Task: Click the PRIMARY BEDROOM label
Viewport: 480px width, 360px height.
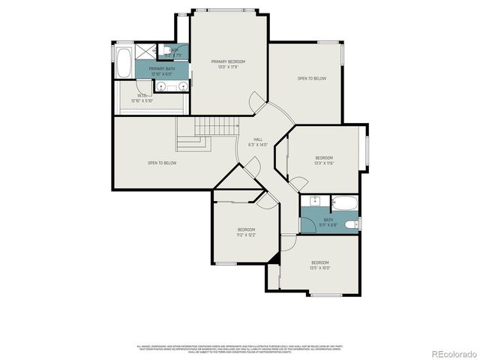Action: (228, 61)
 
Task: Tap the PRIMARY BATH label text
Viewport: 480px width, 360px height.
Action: (161, 68)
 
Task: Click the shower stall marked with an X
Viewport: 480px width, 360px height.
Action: (148, 52)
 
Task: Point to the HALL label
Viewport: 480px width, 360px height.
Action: (257, 139)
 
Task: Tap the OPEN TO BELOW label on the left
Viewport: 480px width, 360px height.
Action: (161, 163)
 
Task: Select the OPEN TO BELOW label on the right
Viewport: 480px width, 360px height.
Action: (311, 78)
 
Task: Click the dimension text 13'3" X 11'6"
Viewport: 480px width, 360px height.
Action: (324, 163)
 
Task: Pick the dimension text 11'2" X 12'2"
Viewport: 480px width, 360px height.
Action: (247, 235)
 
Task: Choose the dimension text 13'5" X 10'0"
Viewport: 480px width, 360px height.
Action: (320, 268)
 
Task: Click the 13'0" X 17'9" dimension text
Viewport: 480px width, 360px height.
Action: (228, 67)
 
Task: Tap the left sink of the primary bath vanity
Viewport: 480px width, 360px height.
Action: (160, 87)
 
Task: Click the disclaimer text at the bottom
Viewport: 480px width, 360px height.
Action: (240, 349)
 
